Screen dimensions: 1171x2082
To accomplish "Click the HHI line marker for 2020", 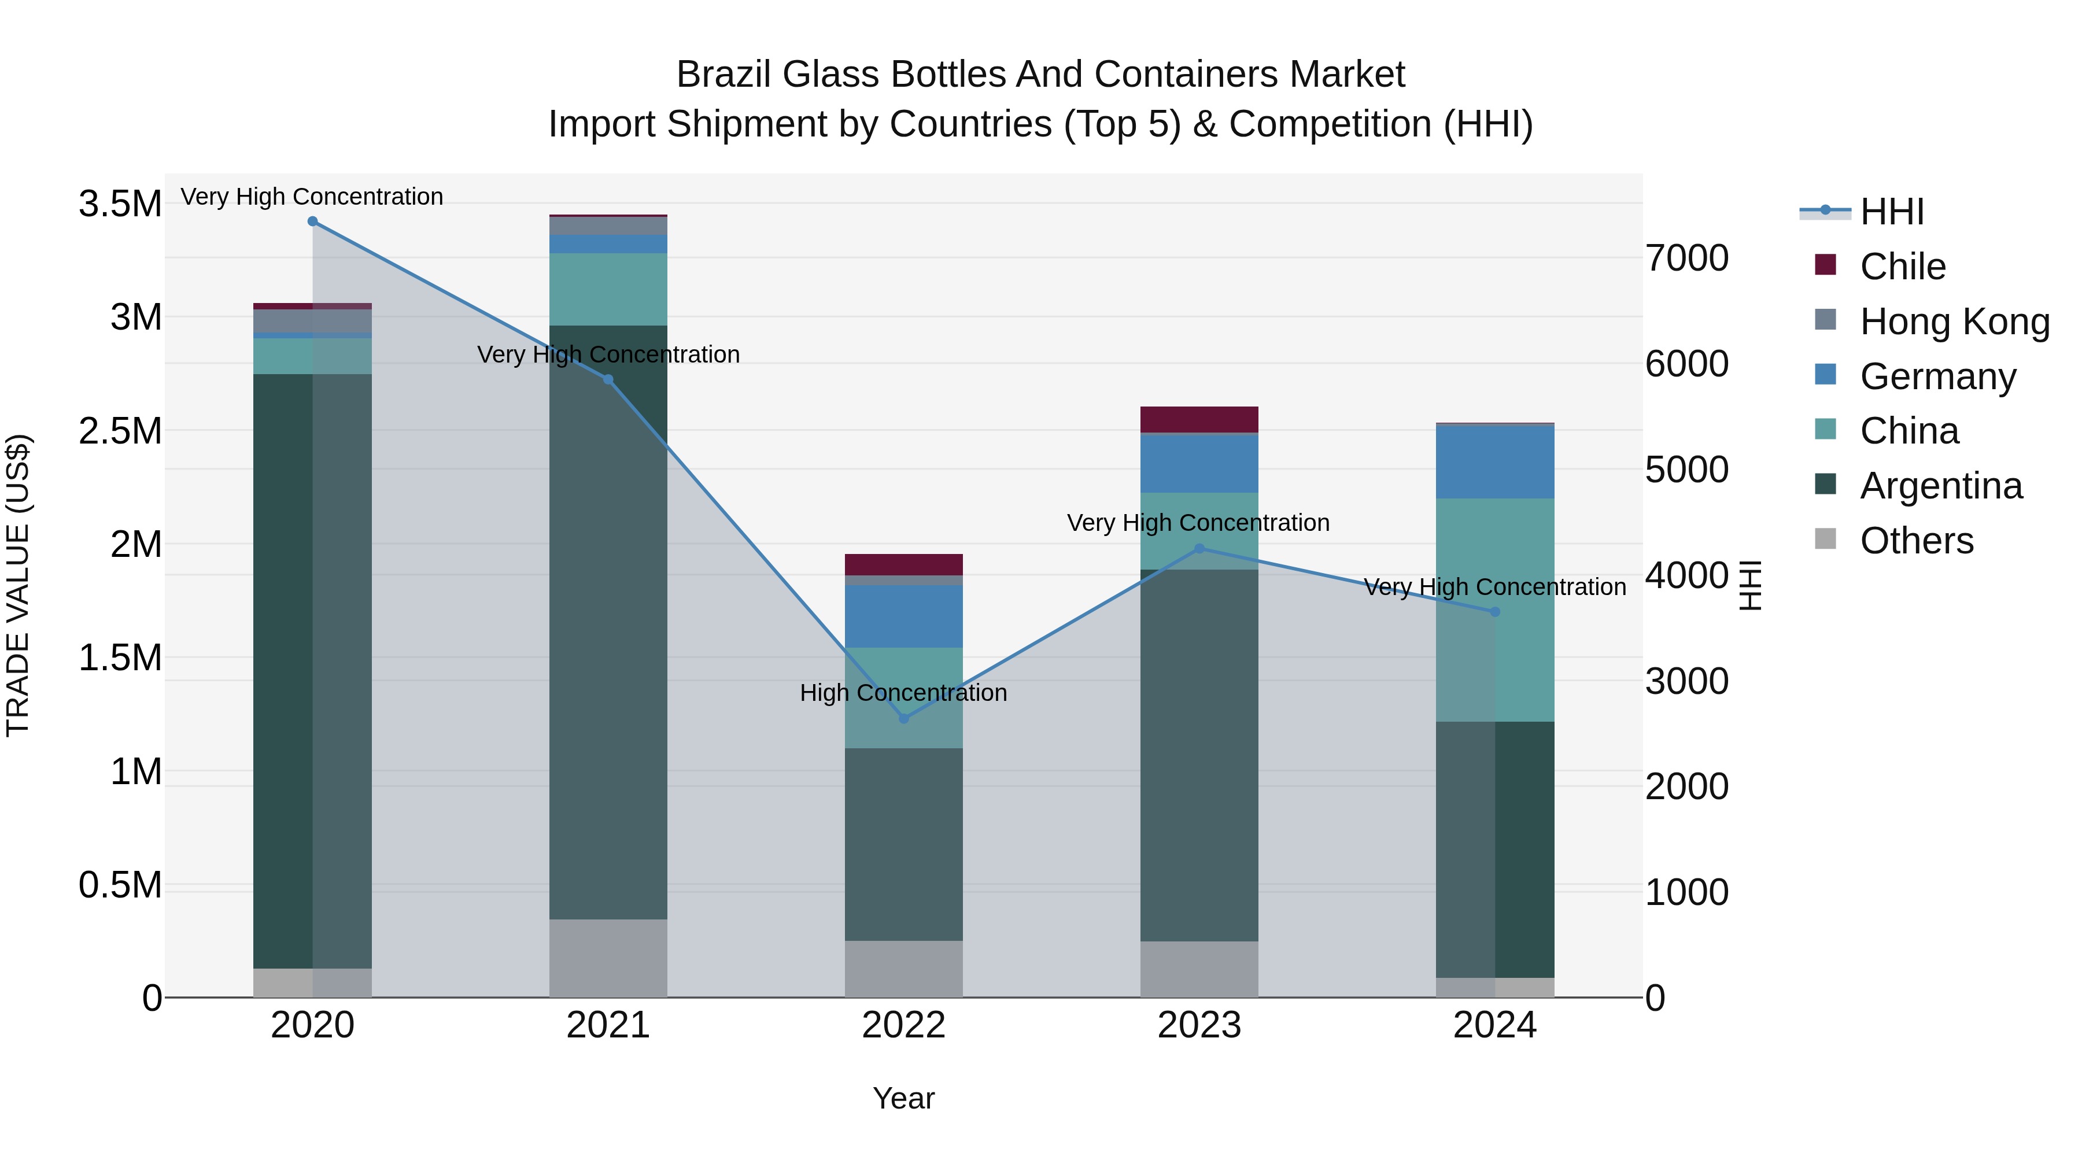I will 313,221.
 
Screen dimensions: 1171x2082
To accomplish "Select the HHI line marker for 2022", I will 903,718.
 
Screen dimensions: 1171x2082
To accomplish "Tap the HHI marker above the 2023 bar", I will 1199,549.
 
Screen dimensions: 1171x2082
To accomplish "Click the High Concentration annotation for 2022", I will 903,693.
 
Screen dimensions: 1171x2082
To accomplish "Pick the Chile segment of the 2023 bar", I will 1199,419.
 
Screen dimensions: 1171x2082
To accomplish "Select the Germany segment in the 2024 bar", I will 1494,461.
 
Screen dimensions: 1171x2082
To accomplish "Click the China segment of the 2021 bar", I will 608,289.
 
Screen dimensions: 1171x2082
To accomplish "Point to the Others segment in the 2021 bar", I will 608,958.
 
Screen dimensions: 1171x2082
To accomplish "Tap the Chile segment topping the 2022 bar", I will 903,564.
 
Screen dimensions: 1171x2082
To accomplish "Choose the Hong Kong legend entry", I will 1954,322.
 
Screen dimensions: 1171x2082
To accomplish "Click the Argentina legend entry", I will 1940,486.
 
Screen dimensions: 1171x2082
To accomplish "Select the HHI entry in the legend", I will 1891,212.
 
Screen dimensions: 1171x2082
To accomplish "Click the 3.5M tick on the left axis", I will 120,204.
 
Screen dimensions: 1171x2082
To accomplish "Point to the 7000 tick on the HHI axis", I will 1687,258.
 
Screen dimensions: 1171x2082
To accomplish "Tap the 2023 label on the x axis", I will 1199,1025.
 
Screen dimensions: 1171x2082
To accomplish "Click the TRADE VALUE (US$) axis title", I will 18,585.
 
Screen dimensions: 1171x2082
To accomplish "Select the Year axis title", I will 903,1098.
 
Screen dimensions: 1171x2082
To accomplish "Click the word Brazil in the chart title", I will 723,75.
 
